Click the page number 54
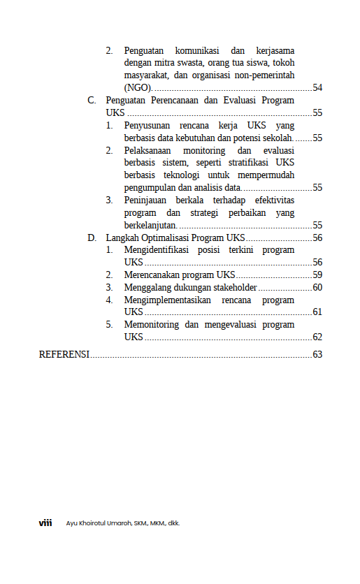(x=317, y=87)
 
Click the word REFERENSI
(x=64, y=354)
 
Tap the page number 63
(x=317, y=354)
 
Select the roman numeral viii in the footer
(x=45, y=523)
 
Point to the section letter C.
(x=92, y=100)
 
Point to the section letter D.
(x=92, y=238)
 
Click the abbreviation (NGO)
(x=138, y=87)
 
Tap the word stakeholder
(x=233, y=287)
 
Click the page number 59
(x=317, y=275)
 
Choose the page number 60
(x=317, y=287)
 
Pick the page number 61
(x=317, y=312)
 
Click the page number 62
(x=317, y=337)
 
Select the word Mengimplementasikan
(x=168, y=300)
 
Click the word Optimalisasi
(x=166, y=238)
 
